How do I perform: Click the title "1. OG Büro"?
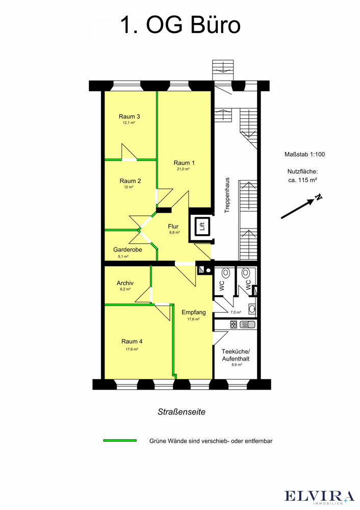click(181, 25)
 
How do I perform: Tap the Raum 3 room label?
click(130, 116)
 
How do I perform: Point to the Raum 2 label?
click(130, 181)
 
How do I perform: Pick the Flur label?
click(173, 226)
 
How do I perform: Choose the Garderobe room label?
click(127, 250)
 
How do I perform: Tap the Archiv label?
click(125, 283)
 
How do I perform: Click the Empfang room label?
click(193, 312)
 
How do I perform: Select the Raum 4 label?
click(132, 342)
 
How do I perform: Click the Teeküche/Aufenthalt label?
click(236, 355)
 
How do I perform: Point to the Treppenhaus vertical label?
click(227, 195)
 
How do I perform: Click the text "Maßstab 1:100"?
click(305, 155)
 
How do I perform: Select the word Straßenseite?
click(182, 412)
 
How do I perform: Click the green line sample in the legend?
click(120, 441)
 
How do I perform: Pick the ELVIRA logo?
click(320, 497)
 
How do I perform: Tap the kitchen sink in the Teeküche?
click(247, 324)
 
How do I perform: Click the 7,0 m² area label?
click(236, 312)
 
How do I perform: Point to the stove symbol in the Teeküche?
click(234, 324)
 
